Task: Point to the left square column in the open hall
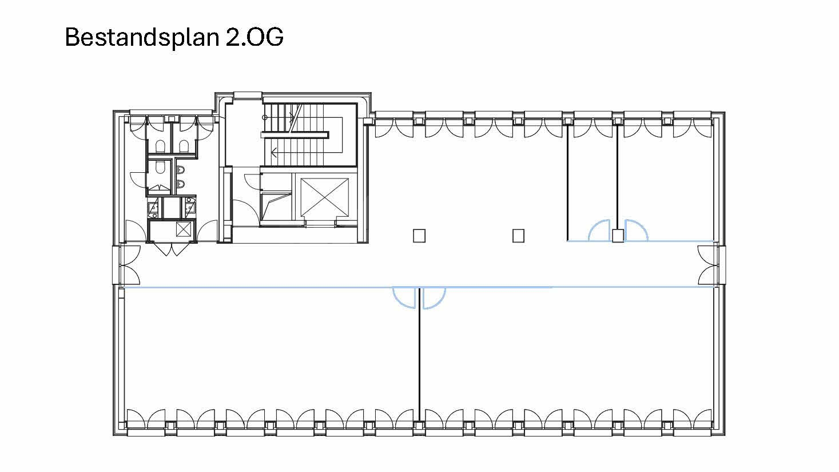pos(420,236)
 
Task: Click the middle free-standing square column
pos(518,236)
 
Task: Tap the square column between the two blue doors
pos(618,236)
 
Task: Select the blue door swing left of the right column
pos(600,230)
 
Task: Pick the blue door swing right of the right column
pos(636,230)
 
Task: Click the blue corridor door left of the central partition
pos(404,296)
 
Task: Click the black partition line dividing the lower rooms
pos(420,360)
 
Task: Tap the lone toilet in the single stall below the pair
pos(160,167)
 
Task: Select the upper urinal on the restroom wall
pos(181,170)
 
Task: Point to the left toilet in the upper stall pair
pos(160,146)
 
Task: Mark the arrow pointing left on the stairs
pos(275,153)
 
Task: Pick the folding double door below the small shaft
pos(172,249)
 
